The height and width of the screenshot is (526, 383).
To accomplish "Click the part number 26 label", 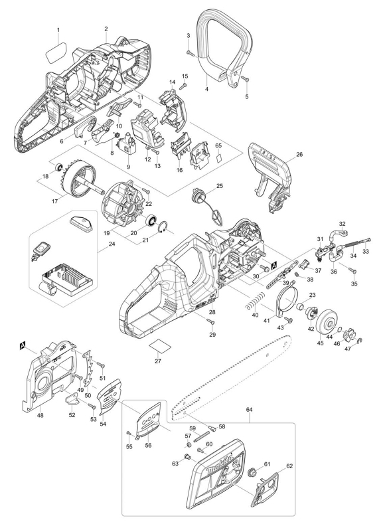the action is tap(299, 154).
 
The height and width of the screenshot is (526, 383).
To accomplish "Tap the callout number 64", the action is tap(249, 410).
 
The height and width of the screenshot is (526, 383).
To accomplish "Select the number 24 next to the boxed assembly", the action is tap(112, 244).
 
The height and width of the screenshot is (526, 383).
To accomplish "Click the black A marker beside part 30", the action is tap(273, 266).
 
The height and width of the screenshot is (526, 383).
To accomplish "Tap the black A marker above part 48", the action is tap(23, 345).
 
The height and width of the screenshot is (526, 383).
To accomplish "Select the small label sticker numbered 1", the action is tap(56, 51).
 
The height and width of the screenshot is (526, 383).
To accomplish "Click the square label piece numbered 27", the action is tap(160, 345).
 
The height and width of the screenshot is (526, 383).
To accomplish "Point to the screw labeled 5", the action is tap(245, 79).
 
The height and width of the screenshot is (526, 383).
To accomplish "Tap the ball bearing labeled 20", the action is tap(151, 220).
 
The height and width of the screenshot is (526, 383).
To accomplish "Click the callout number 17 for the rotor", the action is tap(55, 201).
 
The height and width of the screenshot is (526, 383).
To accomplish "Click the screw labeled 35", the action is tap(352, 270).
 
